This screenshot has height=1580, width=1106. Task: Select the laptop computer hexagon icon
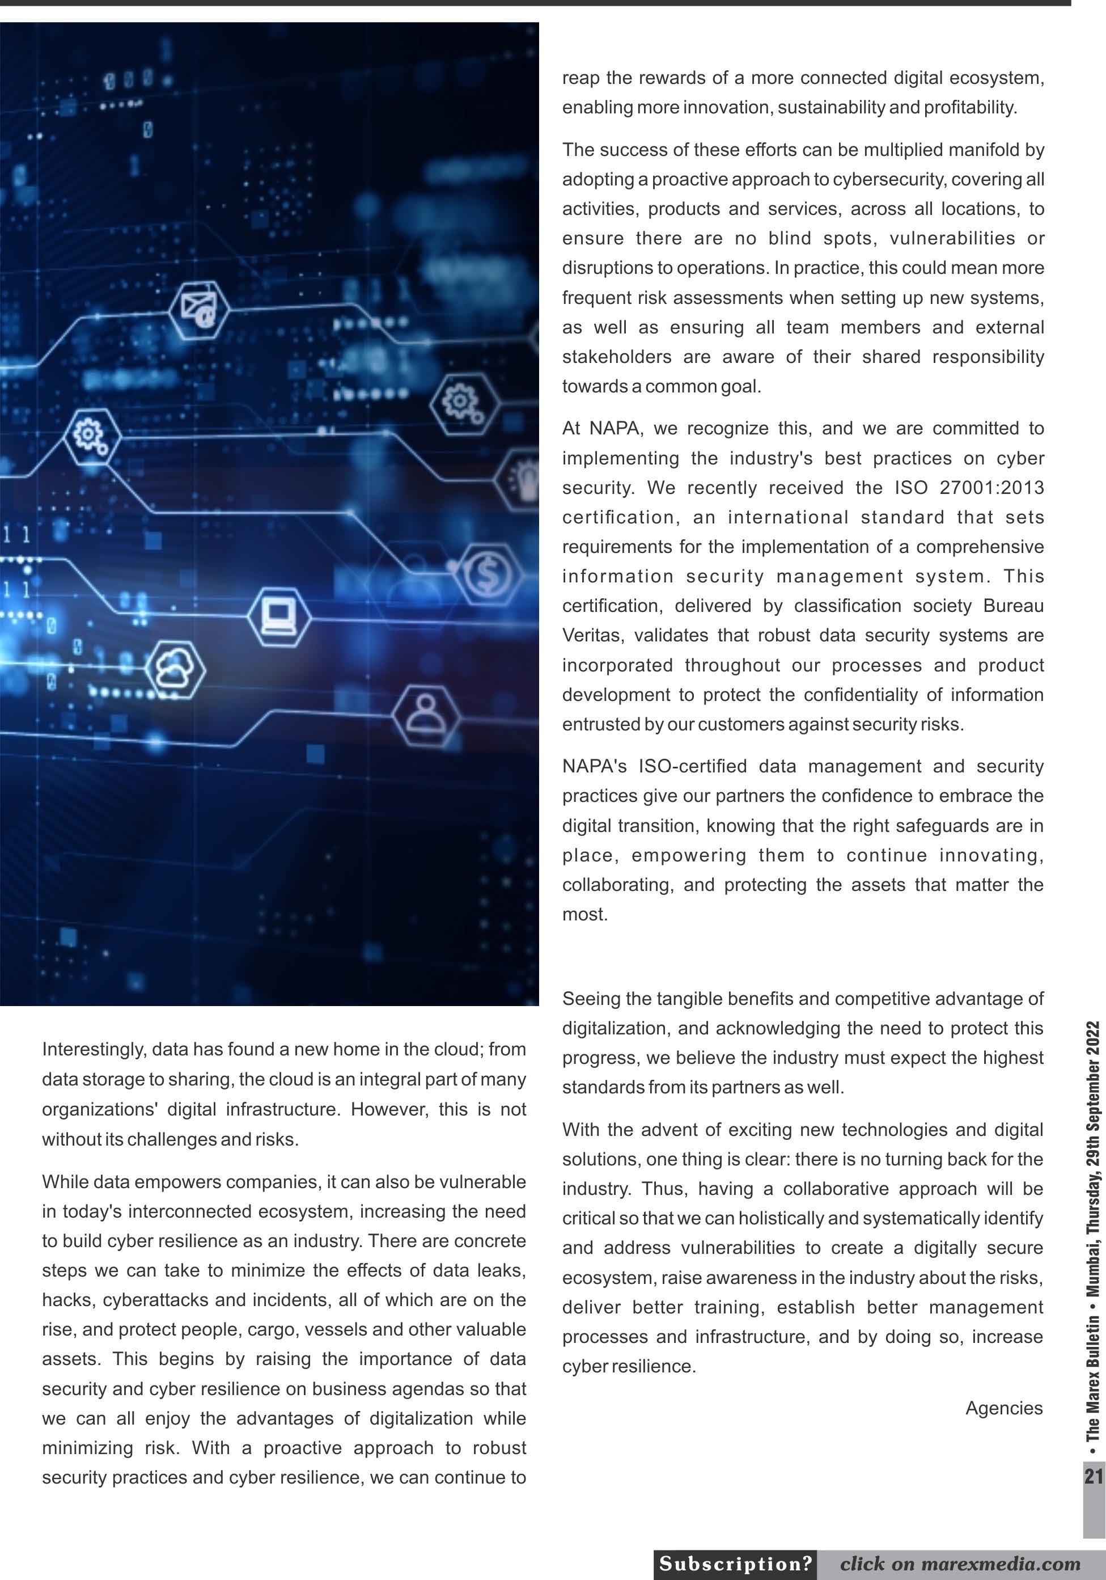279,616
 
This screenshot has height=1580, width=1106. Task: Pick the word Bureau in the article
1013,606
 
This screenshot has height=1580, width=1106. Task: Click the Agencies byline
1003,1408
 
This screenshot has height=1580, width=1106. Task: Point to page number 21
1093,1476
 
